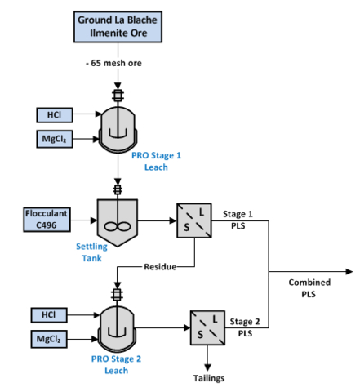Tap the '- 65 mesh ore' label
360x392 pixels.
(119, 64)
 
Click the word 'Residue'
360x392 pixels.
(160, 267)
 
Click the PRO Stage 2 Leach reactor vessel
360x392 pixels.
(119, 325)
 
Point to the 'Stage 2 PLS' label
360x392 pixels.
(246, 327)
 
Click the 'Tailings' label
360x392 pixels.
(208, 378)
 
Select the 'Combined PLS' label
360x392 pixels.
(309, 287)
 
